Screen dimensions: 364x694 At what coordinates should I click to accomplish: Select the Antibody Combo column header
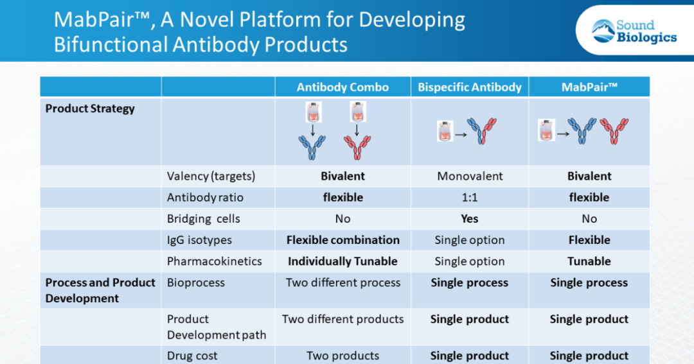[343, 87]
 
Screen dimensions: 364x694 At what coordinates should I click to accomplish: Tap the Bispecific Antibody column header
[470, 87]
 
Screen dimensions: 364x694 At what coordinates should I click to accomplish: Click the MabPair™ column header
[589, 87]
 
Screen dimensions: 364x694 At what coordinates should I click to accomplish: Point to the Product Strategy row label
[90, 108]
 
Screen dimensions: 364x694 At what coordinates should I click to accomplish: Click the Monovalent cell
[470, 176]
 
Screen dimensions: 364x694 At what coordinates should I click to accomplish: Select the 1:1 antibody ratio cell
[470, 197]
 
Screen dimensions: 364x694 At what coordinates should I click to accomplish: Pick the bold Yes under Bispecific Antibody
[470, 219]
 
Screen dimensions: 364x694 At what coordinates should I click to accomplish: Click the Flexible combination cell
[343, 240]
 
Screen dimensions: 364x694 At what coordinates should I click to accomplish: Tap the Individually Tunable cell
[343, 261]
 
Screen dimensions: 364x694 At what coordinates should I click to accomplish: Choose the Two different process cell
[343, 282]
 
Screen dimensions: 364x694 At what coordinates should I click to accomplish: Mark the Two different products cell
[343, 319]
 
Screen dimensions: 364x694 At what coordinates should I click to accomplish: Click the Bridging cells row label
[203, 219]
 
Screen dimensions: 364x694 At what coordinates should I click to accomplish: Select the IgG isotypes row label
[199, 240]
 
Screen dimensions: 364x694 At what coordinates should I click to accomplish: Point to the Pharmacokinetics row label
[215, 261]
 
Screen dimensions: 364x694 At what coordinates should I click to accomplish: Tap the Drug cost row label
[192, 356]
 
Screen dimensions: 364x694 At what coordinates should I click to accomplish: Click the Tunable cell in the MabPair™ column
[589, 261]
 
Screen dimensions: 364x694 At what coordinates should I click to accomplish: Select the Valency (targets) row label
[211, 176]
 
